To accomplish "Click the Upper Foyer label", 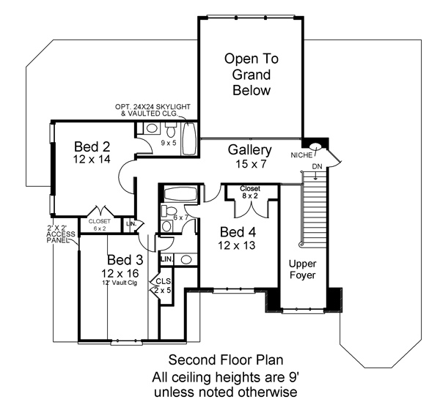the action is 302,269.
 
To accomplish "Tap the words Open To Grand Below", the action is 252,75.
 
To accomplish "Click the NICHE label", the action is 301,155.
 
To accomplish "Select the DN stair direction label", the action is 317,167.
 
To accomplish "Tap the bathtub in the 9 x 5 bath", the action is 188,138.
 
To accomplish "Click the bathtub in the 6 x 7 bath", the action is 180,194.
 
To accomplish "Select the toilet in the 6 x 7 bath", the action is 169,211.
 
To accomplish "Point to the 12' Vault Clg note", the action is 120,283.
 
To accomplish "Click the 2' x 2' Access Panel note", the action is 61,234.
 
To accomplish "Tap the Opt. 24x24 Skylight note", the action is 153,110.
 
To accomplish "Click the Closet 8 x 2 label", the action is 250,192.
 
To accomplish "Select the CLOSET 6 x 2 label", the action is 100,225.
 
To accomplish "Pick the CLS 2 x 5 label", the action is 163,286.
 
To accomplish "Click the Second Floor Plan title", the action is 226,360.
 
